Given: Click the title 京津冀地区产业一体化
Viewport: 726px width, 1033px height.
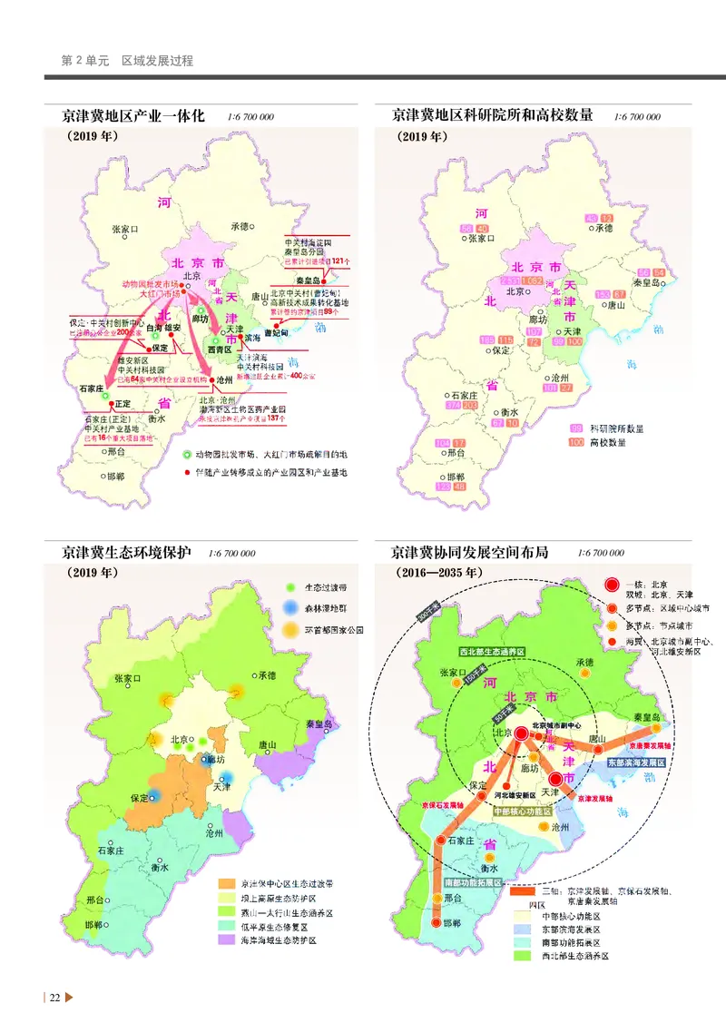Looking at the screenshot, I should (134, 116).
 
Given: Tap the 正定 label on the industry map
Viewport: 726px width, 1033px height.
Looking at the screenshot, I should (123, 403).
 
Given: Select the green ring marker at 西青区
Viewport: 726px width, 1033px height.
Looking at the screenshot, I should (209, 340).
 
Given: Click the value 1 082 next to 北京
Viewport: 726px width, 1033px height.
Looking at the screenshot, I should (533, 281).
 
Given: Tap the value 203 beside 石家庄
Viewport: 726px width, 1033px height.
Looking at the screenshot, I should (470, 406).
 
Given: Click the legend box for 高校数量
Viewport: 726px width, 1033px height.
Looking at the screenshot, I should (575, 442).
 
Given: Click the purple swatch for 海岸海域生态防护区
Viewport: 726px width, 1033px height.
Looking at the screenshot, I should (226, 940).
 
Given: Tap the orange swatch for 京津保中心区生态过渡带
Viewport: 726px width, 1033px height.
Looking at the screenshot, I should (226, 882).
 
